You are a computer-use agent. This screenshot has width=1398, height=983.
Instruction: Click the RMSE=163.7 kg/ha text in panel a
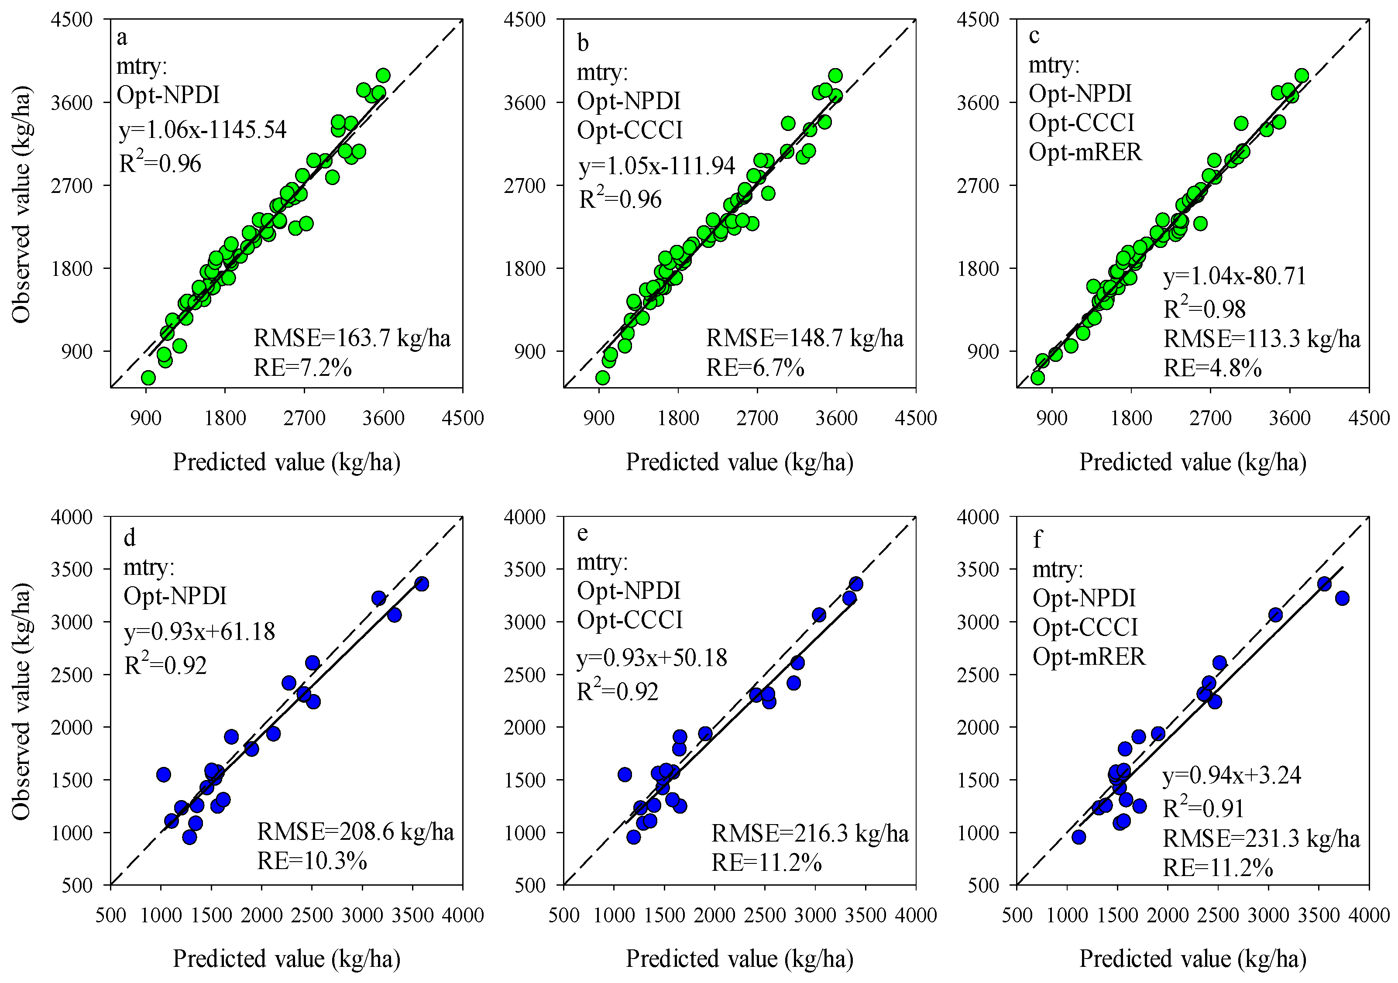352,337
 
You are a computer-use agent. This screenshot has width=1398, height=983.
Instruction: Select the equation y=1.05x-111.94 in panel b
656,166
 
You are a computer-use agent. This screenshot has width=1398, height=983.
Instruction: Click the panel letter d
129,538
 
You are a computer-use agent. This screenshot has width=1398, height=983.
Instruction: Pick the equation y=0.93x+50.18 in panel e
652,658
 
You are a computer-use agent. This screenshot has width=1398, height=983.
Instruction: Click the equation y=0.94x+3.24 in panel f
1232,775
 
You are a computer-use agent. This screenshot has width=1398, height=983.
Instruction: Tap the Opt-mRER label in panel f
1089,656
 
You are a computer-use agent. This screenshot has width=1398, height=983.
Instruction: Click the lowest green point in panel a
148,378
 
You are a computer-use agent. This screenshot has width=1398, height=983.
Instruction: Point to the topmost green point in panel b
835,76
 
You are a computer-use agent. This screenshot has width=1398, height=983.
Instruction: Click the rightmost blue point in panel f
1342,598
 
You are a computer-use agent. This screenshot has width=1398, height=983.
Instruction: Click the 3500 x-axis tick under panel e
866,915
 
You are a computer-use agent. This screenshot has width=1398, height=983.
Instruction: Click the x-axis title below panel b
739,462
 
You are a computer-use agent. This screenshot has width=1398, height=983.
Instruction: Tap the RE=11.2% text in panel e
766,863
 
